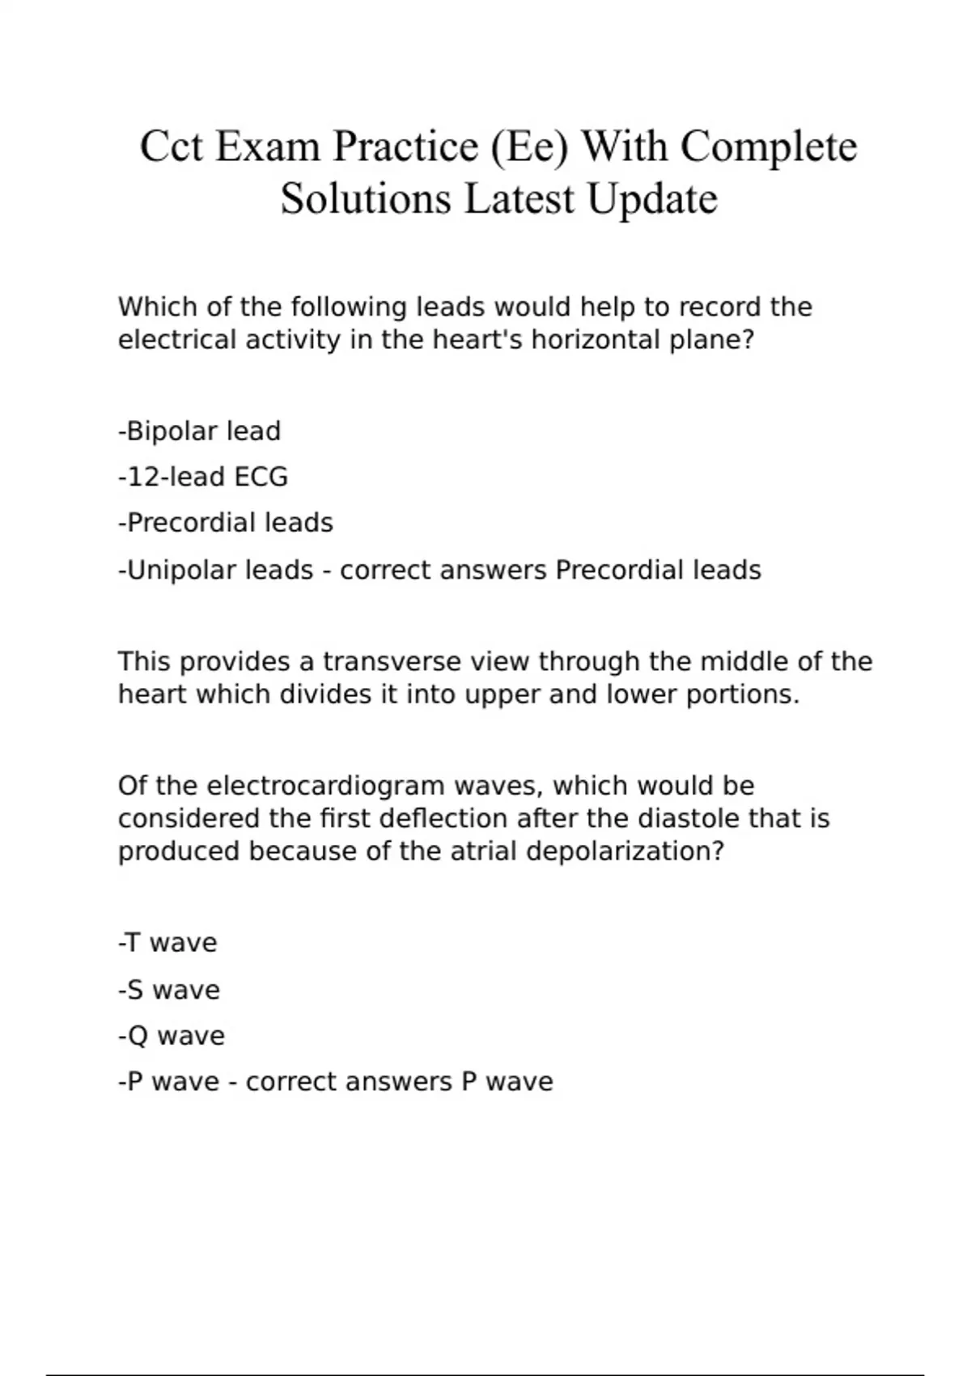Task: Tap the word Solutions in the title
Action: [366, 199]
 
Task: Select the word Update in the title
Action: [652, 199]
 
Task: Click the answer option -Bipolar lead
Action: [199, 431]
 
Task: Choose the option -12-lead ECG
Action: [203, 477]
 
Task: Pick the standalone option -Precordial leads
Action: [226, 523]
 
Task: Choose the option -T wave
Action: [167, 943]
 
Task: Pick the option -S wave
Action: [169, 990]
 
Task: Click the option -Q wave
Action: [172, 1036]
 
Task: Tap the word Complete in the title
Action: [768, 147]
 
